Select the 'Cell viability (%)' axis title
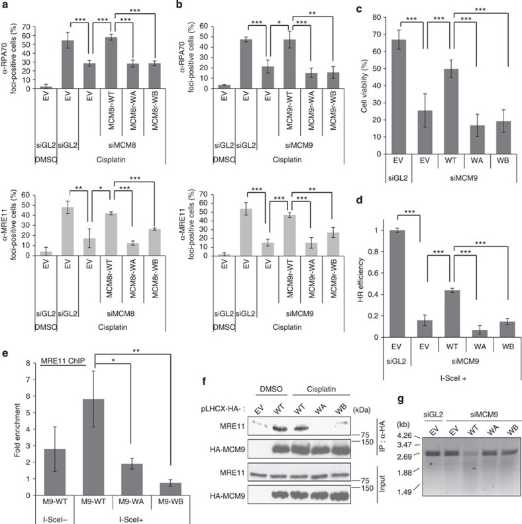point(363,74)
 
